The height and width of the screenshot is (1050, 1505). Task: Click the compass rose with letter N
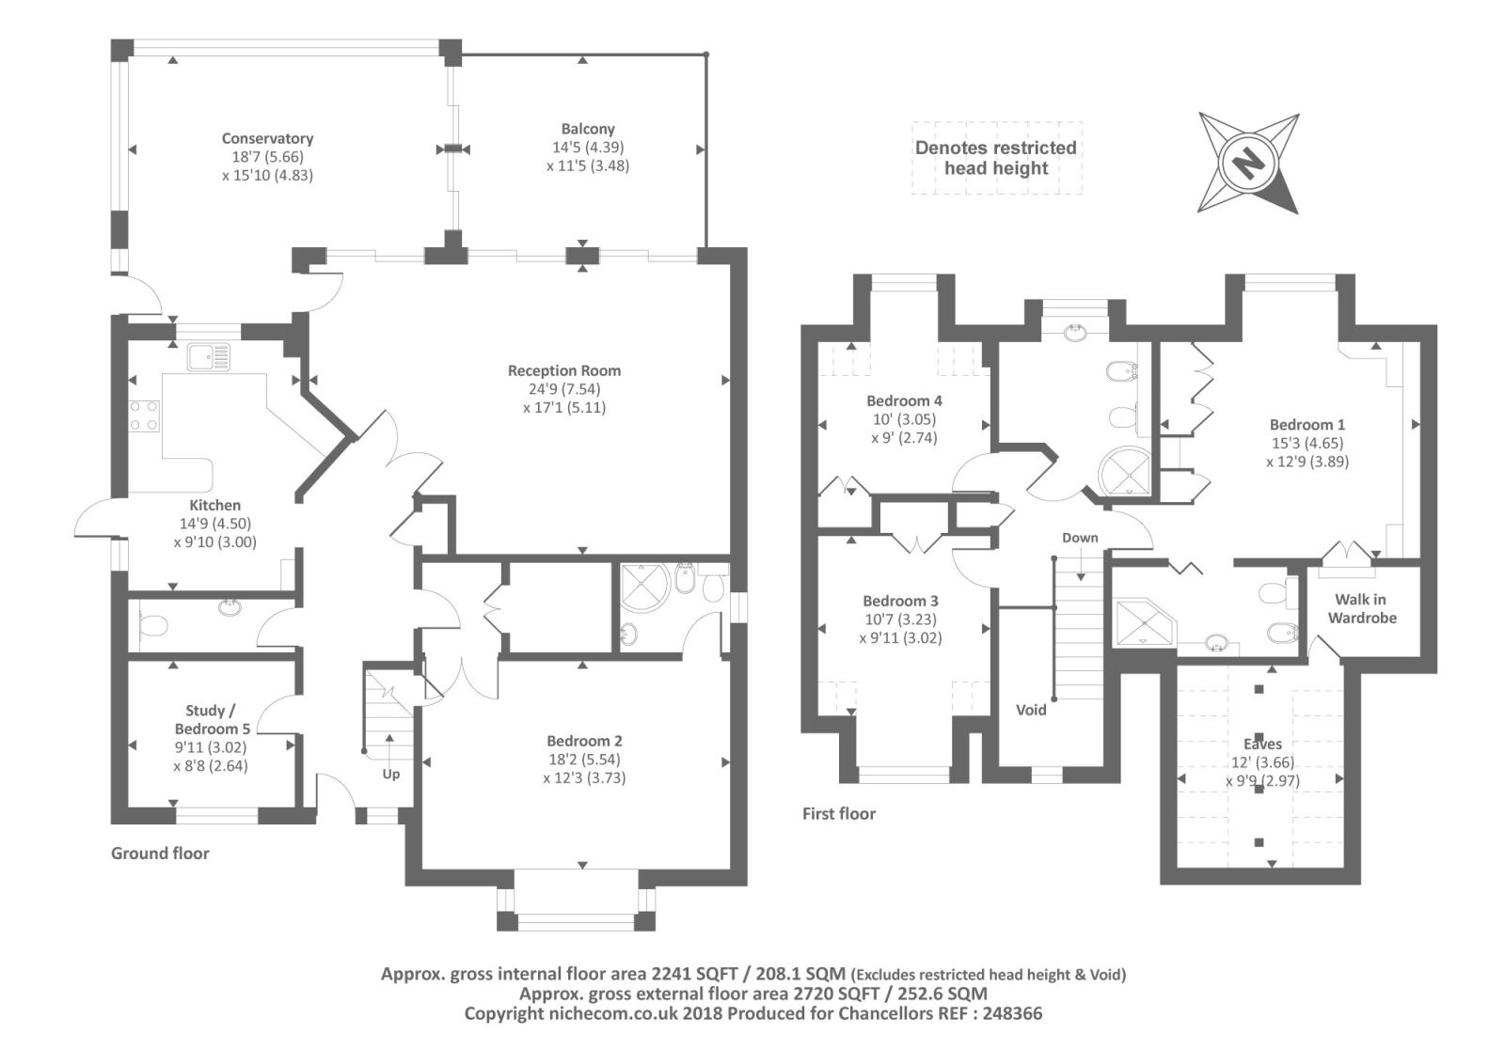(x=1247, y=164)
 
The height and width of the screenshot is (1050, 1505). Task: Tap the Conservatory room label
(x=267, y=138)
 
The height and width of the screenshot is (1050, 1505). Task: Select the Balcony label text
(x=588, y=129)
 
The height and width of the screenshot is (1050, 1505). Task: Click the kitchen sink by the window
(x=208, y=357)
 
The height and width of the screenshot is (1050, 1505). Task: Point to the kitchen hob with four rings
(x=143, y=415)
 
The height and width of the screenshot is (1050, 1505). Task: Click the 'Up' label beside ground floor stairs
(x=390, y=774)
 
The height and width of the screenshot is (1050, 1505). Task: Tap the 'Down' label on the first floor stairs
(x=1080, y=538)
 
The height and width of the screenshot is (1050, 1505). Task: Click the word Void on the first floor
(x=1031, y=710)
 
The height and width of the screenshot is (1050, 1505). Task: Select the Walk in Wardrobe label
(x=1361, y=608)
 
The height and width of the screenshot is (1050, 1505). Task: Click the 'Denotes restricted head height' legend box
(x=996, y=158)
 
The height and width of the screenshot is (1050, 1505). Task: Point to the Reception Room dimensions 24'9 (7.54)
(x=564, y=389)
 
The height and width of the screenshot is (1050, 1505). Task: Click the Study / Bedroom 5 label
(x=212, y=719)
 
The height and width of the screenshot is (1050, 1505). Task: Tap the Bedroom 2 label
(x=584, y=741)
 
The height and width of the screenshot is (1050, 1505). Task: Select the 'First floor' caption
(x=838, y=814)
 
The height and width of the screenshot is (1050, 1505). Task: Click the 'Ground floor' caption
(x=160, y=854)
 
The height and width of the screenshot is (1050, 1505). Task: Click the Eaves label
(x=1262, y=744)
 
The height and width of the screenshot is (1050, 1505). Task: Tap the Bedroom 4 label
(x=904, y=400)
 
